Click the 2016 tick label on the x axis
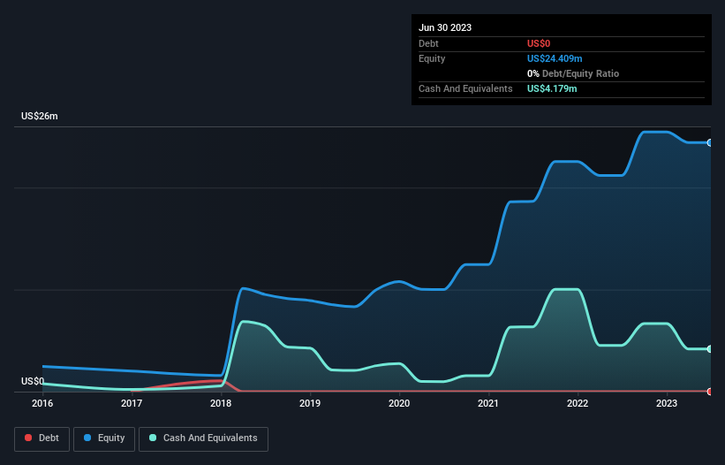click(x=42, y=404)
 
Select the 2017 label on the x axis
click(x=132, y=404)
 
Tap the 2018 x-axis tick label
click(x=221, y=404)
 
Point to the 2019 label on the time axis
click(x=310, y=404)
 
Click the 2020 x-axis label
click(x=399, y=404)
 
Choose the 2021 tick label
click(x=488, y=404)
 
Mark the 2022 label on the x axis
click(x=578, y=404)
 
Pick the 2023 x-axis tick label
click(x=667, y=404)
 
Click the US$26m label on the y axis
click(x=40, y=117)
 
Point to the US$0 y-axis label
click(x=33, y=381)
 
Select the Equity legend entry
click(x=104, y=438)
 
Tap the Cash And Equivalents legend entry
click(x=203, y=438)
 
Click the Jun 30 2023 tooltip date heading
click(x=445, y=27)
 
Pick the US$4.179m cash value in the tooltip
click(x=552, y=89)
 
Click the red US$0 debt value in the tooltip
click(x=540, y=43)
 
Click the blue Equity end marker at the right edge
click(x=709, y=142)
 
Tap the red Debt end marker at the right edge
click(x=709, y=391)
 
